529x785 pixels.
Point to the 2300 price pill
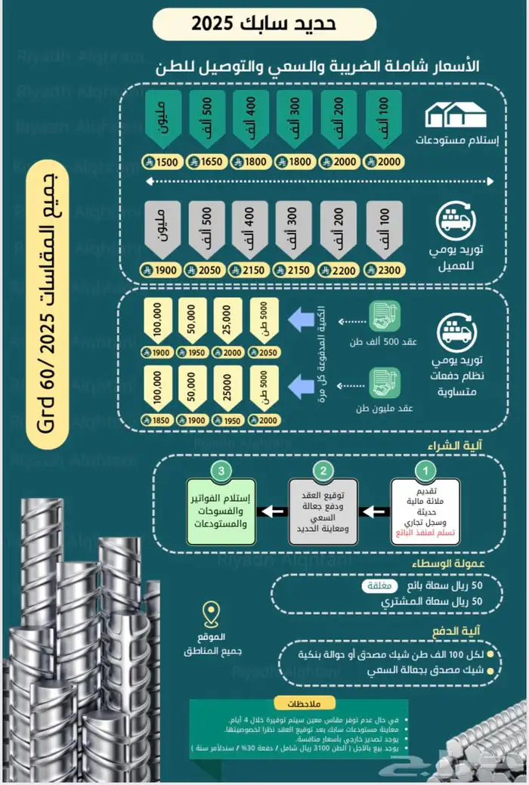pos(383,270)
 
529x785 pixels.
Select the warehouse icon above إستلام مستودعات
pos(455,116)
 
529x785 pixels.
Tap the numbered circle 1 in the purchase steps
pos(425,471)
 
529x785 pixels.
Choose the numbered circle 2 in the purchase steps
pos(324,471)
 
